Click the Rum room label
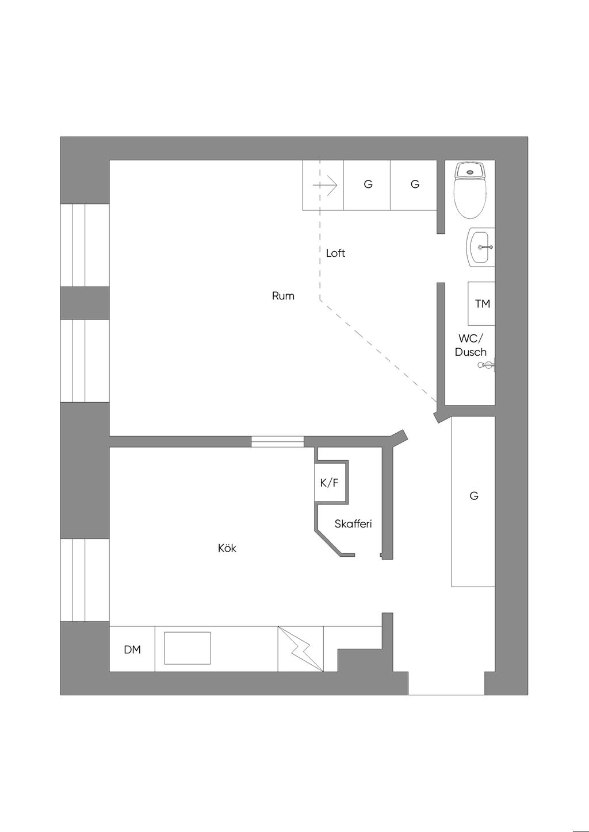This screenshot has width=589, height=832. (x=283, y=296)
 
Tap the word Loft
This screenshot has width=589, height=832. (x=335, y=253)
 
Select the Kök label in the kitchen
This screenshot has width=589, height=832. (x=227, y=548)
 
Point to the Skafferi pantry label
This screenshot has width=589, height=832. (x=353, y=524)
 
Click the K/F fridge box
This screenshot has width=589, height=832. (x=330, y=483)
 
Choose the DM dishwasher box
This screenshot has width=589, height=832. (x=132, y=649)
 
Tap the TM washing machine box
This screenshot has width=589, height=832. (x=482, y=303)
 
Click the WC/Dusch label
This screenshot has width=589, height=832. (x=471, y=345)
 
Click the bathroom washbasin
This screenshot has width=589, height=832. (x=481, y=247)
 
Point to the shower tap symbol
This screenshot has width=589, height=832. (x=488, y=364)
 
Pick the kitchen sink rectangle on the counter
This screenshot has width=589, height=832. (x=188, y=648)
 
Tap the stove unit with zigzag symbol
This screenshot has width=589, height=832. (x=301, y=649)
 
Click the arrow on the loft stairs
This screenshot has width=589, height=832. (x=324, y=185)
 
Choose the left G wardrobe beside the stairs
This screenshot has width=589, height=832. (x=368, y=184)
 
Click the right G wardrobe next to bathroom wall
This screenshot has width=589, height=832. (x=414, y=184)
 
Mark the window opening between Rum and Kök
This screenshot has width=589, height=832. (x=277, y=442)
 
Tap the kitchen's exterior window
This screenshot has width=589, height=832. (x=85, y=580)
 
